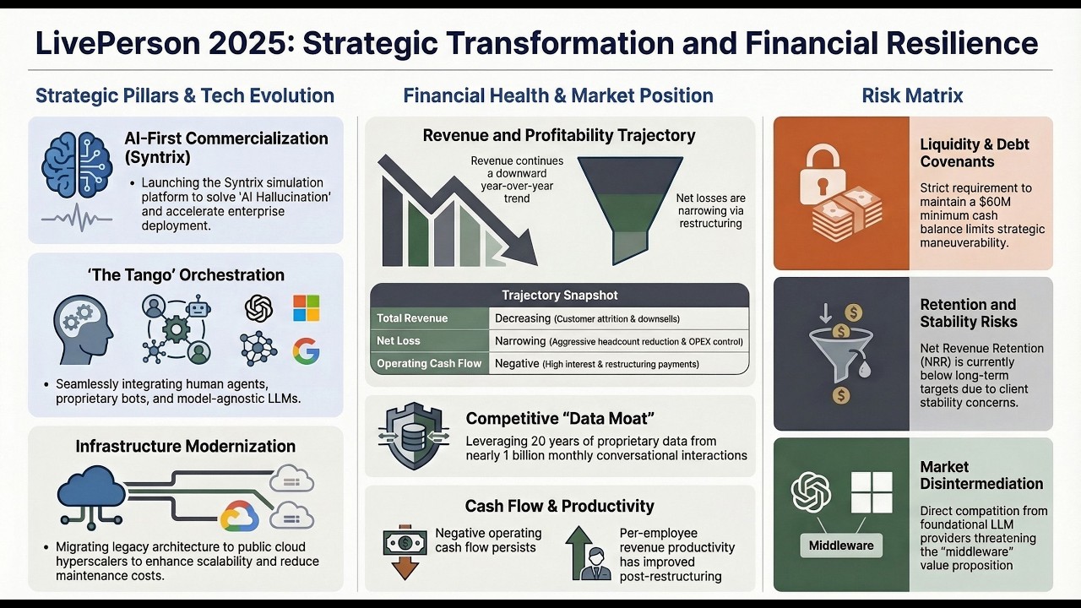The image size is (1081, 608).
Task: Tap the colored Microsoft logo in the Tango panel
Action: coord(307,308)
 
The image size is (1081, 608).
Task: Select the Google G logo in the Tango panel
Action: coord(307,350)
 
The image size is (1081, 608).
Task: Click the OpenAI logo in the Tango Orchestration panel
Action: coord(259,308)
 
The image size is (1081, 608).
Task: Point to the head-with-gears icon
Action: coord(83,329)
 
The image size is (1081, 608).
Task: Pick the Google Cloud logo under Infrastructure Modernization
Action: coord(240,515)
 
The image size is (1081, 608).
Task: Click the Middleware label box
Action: coord(840,546)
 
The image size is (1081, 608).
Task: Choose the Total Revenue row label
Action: coord(412,318)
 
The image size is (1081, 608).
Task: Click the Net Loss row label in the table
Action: coord(399,341)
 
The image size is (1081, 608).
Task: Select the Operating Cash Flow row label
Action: coord(429,364)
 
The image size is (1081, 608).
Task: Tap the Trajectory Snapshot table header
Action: coord(559,296)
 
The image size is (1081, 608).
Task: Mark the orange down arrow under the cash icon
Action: coord(405,568)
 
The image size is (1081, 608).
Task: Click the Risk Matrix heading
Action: coord(912,95)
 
